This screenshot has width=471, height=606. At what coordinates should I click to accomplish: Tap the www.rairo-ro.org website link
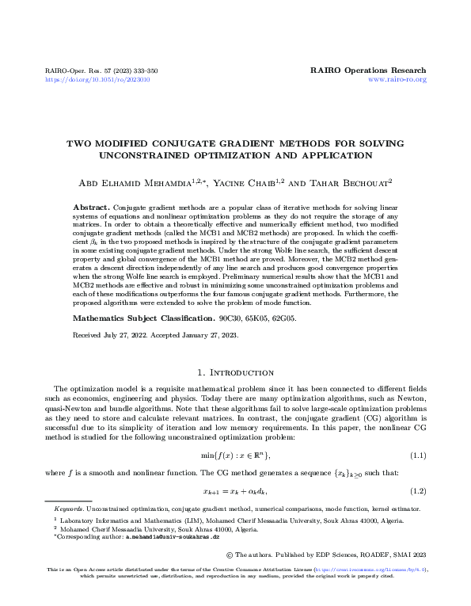(x=398, y=80)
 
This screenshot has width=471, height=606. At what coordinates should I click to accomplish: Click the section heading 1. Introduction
(x=235, y=372)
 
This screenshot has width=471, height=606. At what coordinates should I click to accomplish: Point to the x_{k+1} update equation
(x=235, y=491)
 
